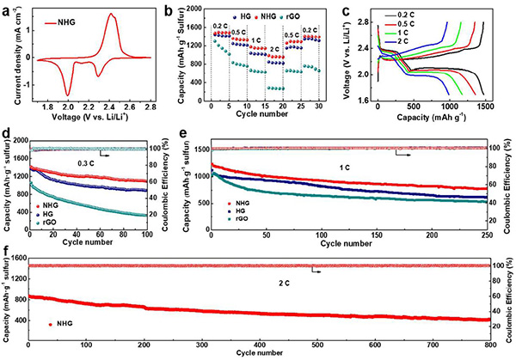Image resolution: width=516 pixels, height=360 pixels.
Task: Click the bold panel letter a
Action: click(x=7, y=7)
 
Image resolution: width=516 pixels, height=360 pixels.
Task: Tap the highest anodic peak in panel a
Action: click(x=114, y=15)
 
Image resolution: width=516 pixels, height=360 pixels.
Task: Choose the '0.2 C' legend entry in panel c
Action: click(x=474, y=15)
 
